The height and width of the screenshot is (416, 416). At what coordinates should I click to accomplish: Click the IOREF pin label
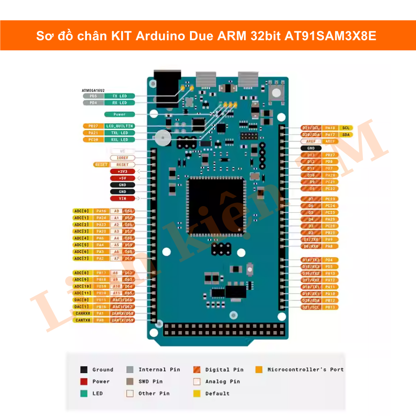[122, 158]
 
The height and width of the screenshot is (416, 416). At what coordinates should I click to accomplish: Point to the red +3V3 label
[122, 171]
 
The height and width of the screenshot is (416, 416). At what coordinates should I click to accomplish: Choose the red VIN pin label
[122, 198]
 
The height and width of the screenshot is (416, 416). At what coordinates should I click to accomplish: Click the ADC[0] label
[82, 211]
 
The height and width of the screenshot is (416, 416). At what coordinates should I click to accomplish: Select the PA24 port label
[101, 218]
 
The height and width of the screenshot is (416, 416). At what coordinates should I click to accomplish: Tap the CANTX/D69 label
[122, 320]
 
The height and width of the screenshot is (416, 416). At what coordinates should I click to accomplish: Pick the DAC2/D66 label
[122, 300]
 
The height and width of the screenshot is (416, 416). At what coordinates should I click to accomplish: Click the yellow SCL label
[345, 128]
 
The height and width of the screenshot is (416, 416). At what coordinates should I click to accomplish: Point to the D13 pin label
[311, 155]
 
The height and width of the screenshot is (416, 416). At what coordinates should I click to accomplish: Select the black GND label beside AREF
[311, 148]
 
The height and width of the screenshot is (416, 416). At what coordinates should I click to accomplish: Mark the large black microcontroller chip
[215, 206]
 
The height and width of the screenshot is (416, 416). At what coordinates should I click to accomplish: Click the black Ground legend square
[84, 370]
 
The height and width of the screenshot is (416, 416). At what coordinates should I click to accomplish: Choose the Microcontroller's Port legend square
[259, 370]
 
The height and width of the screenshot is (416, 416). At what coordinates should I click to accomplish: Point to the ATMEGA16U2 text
[93, 90]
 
